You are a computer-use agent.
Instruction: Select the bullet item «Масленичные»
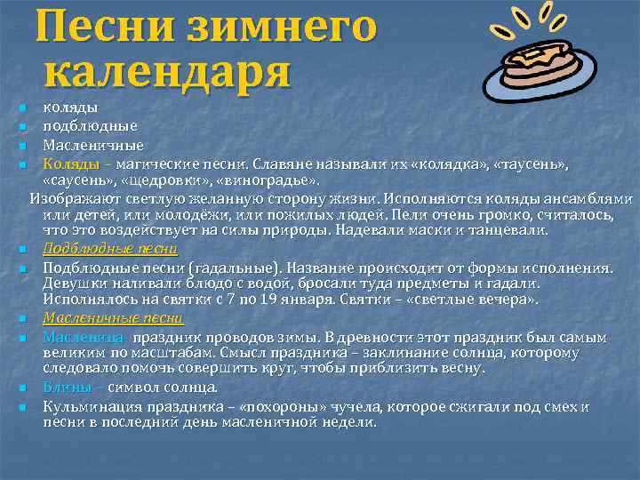point(93,145)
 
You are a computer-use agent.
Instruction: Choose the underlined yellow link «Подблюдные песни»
point(111,249)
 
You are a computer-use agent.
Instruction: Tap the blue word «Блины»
point(68,388)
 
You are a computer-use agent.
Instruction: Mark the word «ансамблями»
point(588,198)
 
